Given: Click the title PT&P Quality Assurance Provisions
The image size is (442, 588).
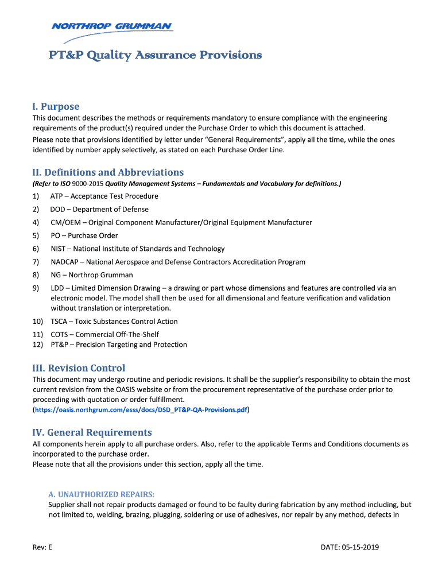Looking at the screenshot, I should tap(155, 55).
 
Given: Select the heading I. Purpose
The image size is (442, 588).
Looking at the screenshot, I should tap(56, 106).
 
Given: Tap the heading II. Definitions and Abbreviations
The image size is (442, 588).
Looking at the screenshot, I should tap(108, 172).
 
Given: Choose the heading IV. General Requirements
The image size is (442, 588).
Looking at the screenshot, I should tap(92, 432).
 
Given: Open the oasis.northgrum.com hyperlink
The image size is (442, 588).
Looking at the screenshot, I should tap(141, 410).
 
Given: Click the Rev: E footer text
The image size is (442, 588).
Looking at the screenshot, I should tap(42, 547).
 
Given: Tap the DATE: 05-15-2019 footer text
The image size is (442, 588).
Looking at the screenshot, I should tap(350, 547).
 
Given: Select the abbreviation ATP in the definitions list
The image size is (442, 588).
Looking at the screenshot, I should tap(57, 196).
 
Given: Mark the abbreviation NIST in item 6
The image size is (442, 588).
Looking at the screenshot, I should tap(58, 249).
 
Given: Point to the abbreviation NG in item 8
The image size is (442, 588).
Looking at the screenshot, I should tap(56, 275).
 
